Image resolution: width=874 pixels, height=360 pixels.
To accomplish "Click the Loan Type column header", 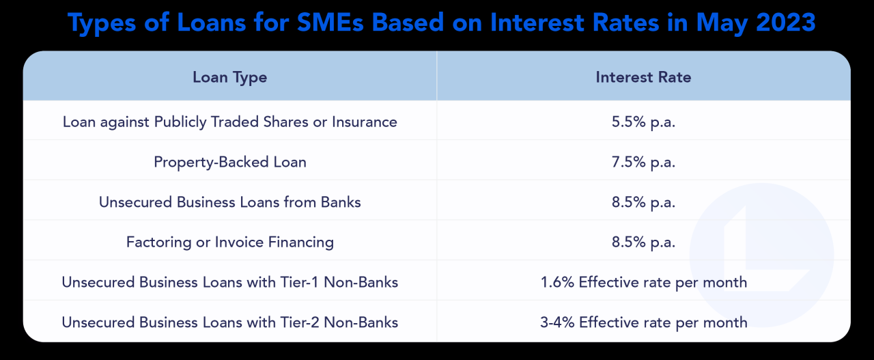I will [x=229, y=77].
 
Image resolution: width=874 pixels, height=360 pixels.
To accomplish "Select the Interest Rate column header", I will [x=643, y=77].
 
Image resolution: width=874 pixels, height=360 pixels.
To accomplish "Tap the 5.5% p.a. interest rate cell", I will [x=643, y=122].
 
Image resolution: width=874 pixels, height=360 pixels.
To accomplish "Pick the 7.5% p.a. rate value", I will [x=643, y=162].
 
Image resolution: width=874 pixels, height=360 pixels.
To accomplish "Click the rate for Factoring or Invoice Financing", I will [x=643, y=242].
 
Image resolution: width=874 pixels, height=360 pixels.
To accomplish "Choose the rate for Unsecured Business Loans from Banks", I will [x=643, y=202].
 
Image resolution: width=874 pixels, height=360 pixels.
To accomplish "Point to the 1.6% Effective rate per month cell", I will [x=643, y=282].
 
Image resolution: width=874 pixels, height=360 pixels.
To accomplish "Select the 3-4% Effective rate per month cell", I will [x=643, y=322].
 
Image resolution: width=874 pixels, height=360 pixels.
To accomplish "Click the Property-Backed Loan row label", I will [x=229, y=162].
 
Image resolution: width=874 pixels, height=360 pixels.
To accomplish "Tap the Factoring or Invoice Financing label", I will [x=229, y=242].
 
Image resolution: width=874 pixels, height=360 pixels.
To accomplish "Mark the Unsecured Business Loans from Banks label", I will [x=229, y=202].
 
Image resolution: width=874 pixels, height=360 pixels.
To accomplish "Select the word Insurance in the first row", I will [x=364, y=122].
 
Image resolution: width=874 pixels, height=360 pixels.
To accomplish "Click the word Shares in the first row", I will [x=289, y=122].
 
